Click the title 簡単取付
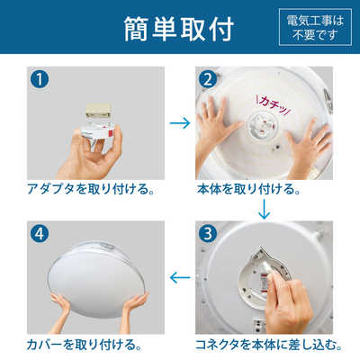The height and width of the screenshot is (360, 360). [180, 29]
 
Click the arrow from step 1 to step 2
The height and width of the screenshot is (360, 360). [180, 121]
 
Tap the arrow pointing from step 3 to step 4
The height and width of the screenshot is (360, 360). [180, 280]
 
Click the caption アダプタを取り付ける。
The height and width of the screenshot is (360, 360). [89, 192]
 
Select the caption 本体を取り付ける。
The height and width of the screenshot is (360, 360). [247, 192]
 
